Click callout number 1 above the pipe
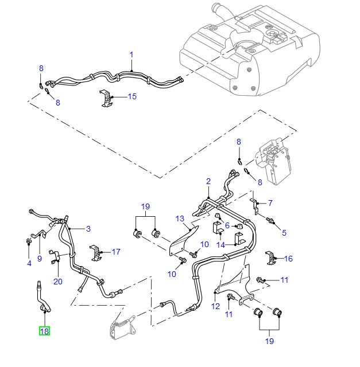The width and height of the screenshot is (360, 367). [x=131, y=55]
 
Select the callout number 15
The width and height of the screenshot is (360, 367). [x=132, y=96]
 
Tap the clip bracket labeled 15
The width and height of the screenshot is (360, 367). [x=106, y=98]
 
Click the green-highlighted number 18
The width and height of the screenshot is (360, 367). [x=44, y=331]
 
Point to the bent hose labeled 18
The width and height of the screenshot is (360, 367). [x=42, y=298]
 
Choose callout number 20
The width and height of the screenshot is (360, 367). [x=58, y=282]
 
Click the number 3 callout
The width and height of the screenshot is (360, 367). [x=88, y=229]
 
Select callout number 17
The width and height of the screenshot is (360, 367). [x=116, y=252]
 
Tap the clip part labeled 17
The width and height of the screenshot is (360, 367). [x=96, y=253]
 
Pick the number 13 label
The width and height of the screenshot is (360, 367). [x=180, y=218]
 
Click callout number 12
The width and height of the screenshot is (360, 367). [x=215, y=306]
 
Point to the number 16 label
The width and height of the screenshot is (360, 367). [x=288, y=259]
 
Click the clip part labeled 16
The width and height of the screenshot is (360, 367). [x=271, y=258]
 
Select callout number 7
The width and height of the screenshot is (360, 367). [x=270, y=202]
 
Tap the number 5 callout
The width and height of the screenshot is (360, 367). [x=284, y=233]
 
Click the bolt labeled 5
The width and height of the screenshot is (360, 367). [x=270, y=220]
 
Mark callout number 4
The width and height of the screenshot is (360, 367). [x=29, y=263]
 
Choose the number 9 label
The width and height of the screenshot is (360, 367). [x=40, y=259]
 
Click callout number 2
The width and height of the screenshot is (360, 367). [x=208, y=181]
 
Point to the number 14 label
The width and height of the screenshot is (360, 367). [x=220, y=245]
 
